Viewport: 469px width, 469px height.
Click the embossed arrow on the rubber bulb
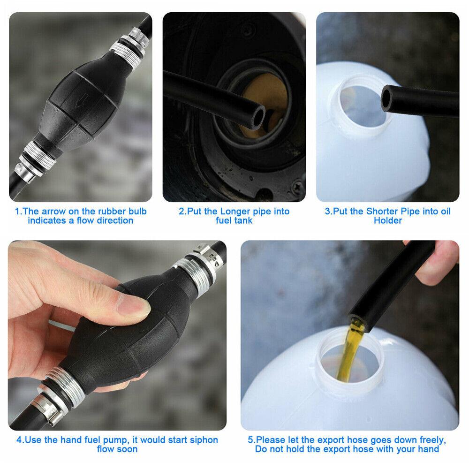click(x=81, y=100)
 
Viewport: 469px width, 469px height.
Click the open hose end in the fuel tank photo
click(x=258, y=117)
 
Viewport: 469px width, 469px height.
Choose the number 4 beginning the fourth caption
click(x=19, y=440)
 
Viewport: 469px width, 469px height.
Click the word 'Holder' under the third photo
click(x=388, y=220)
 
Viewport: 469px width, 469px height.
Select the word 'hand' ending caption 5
click(x=430, y=449)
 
